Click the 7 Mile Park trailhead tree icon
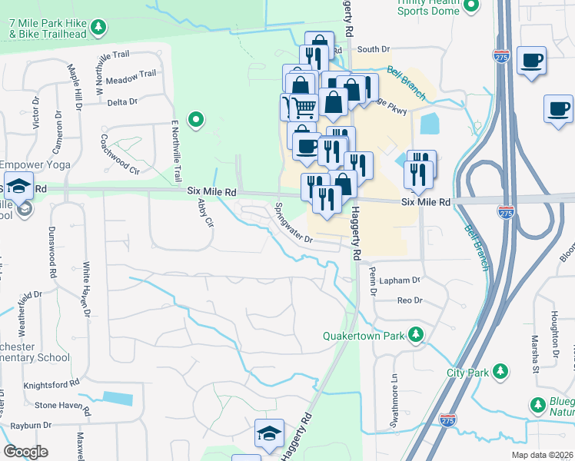pyautogui.click(x=98, y=28)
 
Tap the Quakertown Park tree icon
pyautogui.click(x=416, y=335)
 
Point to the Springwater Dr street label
pyautogui.click(x=294, y=223)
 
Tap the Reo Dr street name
pyautogui.click(x=410, y=300)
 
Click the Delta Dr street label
pyautogui.click(x=122, y=101)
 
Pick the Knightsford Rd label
pyautogui.click(x=52, y=382)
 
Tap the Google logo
pyautogui.click(x=26, y=451)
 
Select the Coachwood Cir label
pyautogui.click(x=119, y=153)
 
